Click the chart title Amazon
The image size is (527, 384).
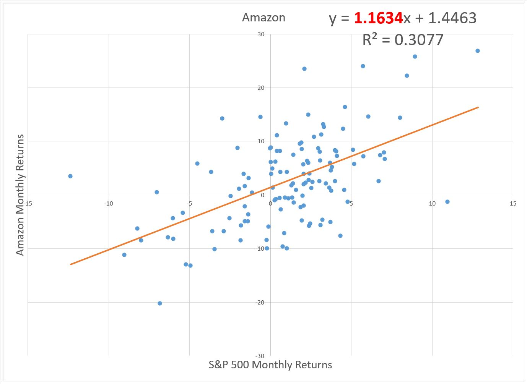pos(263,18)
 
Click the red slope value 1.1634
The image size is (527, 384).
pos(378,18)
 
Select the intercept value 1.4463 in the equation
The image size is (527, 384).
pos(452,18)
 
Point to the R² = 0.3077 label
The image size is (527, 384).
pos(403,40)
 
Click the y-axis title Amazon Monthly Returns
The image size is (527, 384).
pos(20,194)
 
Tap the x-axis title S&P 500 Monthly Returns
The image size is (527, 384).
pos(270,365)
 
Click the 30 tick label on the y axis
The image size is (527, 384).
pos(261,34)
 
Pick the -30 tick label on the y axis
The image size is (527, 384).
pos(260,356)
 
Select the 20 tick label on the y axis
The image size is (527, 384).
pos(261,88)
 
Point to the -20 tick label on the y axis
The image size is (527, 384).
pos(260,303)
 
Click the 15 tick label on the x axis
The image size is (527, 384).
pos(512,203)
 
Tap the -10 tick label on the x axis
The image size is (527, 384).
pos(109,203)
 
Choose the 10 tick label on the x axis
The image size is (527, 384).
pos(432,203)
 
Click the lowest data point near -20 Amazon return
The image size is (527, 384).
pos(160,303)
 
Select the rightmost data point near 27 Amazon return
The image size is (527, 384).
pos(477,51)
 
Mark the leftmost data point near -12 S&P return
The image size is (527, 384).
pos(70,176)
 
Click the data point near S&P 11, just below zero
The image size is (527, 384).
pos(447,202)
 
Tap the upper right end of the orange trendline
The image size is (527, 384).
pos(478,107)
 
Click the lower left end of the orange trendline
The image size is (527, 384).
pos(71,264)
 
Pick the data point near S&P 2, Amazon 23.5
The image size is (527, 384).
pos(304,69)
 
